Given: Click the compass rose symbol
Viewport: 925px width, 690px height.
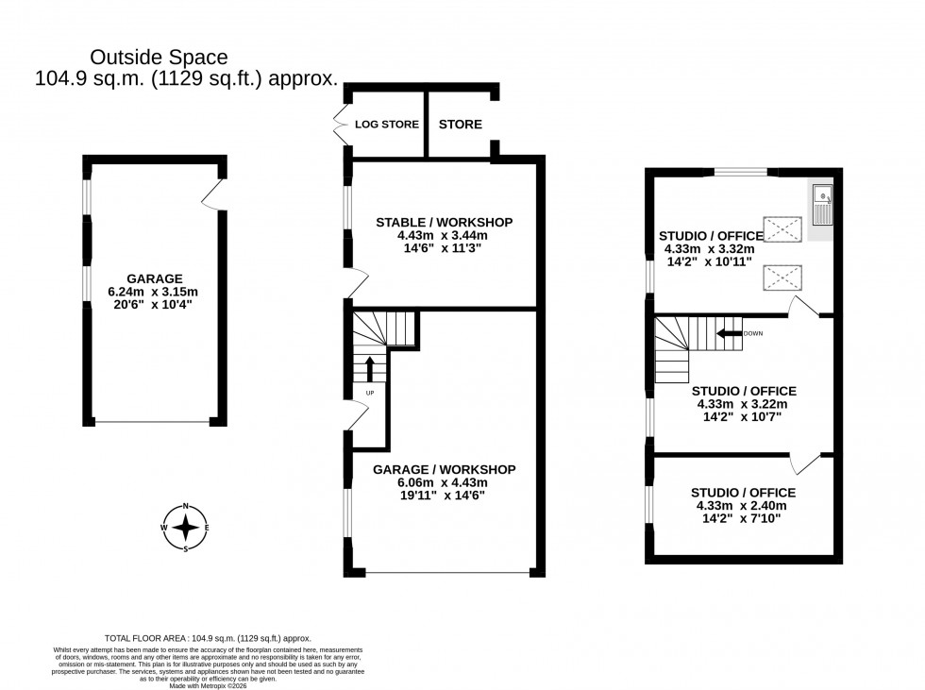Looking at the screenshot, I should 186,527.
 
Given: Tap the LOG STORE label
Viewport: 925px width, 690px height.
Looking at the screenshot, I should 387,125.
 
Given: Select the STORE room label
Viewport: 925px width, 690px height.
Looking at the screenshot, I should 461,125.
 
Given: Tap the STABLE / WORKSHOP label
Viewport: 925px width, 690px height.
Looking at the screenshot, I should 444,222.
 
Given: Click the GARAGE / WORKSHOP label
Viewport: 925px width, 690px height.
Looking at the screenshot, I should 444,469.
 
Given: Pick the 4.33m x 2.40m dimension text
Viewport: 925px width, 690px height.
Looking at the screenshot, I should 743,506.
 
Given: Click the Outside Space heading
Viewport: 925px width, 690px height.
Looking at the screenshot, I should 159,59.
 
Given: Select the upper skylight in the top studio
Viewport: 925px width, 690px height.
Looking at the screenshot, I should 781,227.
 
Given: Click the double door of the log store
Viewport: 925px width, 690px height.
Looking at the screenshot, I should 341,125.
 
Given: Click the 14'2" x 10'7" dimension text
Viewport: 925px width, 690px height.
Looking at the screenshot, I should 743,417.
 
